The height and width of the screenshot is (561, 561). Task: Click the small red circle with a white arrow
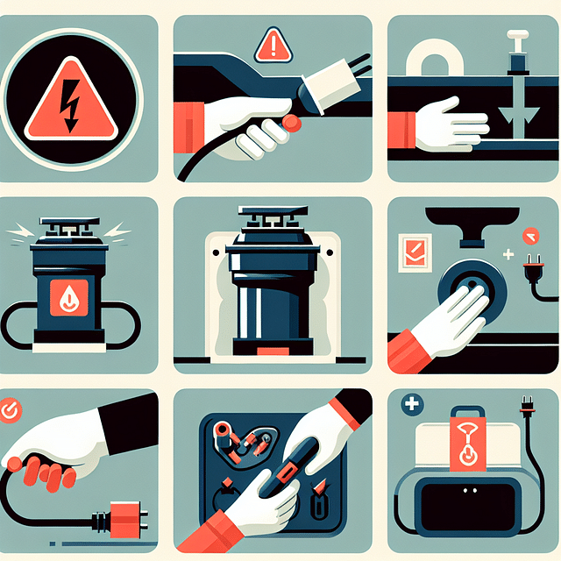(x=529, y=235)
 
